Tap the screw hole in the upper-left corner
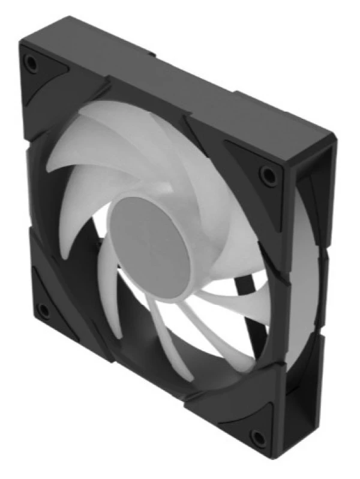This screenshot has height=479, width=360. tap(31, 62)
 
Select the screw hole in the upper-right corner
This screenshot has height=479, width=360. tap(266, 174)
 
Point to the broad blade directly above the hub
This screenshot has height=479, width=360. tap(150, 150)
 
